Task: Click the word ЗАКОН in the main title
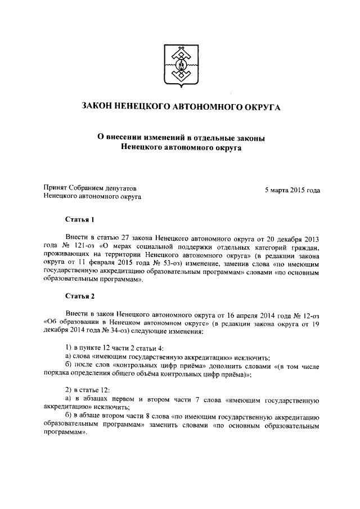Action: tap(100, 106)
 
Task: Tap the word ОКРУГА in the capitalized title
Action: tap(256, 106)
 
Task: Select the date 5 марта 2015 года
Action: tap(292, 190)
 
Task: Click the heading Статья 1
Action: tap(78, 219)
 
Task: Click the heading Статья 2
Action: tap(78, 295)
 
